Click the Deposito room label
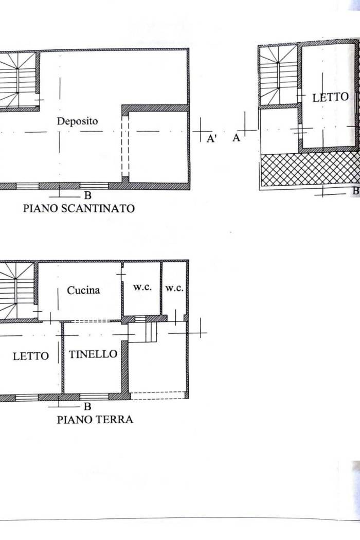tap(77, 121)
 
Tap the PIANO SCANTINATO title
tap(79, 208)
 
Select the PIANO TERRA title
tap(95, 420)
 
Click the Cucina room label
tap(83, 291)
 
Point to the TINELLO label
tap(93, 354)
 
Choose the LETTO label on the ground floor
tap(31, 356)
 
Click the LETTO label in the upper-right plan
tap(330, 98)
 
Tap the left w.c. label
tap(142, 287)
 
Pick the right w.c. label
tap(174, 288)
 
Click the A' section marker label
tap(211, 139)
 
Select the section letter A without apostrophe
tap(237, 138)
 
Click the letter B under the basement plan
tap(88, 195)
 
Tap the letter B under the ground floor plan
tap(88, 406)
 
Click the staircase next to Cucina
tap(16, 291)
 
